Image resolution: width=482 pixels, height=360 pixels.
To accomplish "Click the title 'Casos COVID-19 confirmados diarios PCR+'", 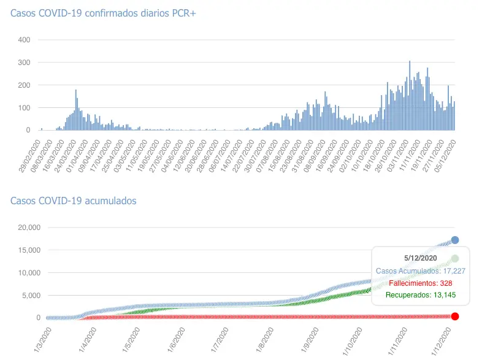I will click(x=103, y=13).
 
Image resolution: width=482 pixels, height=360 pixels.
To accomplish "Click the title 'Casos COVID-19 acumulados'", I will click(x=74, y=201).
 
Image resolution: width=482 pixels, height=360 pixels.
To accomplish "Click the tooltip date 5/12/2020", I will click(x=421, y=258).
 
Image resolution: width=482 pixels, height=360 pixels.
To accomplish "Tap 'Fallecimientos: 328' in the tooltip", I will click(x=420, y=283).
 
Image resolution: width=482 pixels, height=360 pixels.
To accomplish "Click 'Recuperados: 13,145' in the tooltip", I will click(x=421, y=295).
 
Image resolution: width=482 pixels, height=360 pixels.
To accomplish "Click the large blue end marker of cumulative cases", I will click(x=455, y=240).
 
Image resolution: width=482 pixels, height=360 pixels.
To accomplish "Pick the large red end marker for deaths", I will click(x=455, y=316).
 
